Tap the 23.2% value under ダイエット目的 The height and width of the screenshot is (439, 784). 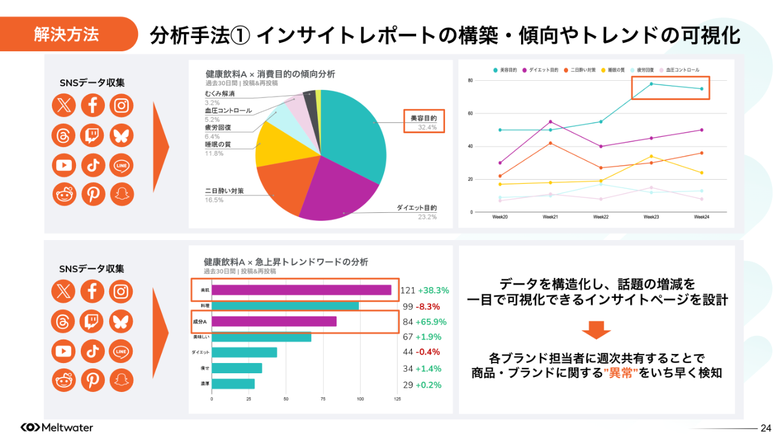tap(427, 217)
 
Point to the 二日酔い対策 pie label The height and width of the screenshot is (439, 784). tap(224, 191)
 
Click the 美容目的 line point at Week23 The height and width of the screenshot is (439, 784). tap(651, 84)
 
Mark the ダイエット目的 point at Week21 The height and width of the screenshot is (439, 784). tap(550, 122)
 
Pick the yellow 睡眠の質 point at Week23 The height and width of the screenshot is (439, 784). tap(651, 156)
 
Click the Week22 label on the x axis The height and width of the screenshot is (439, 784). tap(600, 217)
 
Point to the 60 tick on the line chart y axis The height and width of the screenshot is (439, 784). tap(470, 113)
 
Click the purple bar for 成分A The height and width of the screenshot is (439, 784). tap(274, 321)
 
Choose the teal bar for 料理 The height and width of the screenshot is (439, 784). tap(285, 306)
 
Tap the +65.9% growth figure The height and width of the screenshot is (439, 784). tap(433, 321)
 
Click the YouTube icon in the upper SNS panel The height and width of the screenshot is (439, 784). tap(63, 165)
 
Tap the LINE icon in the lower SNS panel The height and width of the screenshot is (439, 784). tap(121, 351)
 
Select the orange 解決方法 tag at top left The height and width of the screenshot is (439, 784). tap(66, 34)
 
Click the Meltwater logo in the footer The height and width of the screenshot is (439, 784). tap(57, 428)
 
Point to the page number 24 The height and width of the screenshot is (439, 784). tap(766, 428)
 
